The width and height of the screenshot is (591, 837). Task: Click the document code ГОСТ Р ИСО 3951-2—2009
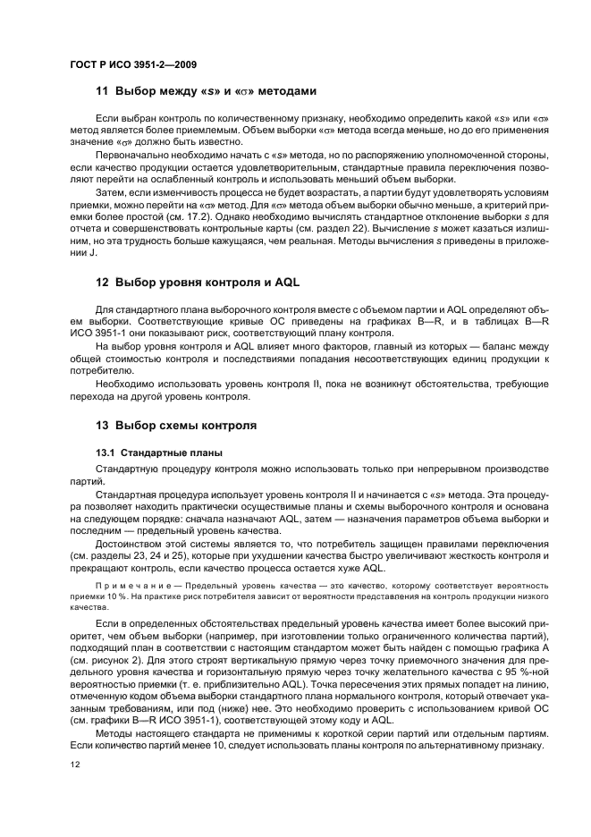133,64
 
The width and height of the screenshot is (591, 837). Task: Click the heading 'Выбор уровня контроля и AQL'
208,282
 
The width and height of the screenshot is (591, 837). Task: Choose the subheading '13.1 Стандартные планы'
154,452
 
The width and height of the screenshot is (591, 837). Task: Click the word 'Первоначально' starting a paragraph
131,155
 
